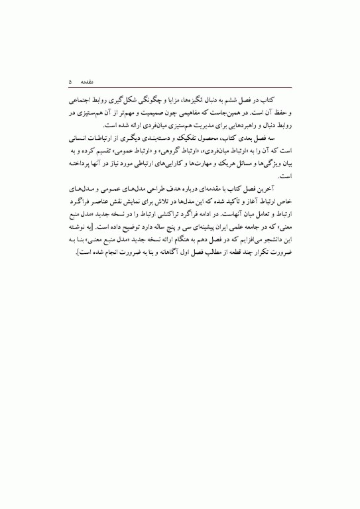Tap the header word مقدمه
click(90, 82)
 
